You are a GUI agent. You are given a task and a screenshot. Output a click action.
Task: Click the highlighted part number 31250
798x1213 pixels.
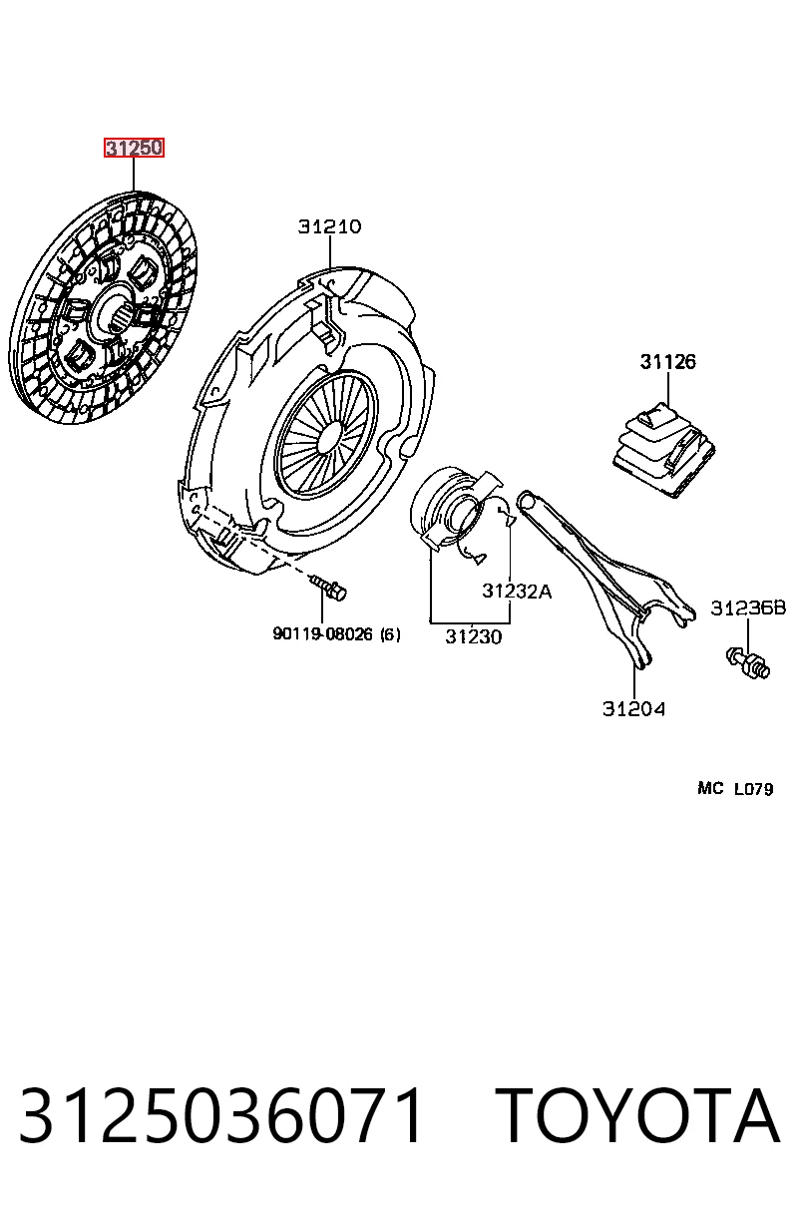[x=134, y=148]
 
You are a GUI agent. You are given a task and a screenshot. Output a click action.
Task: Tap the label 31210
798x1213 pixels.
[x=330, y=226]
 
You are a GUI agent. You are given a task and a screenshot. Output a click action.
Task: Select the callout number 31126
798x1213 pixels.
[x=667, y=362]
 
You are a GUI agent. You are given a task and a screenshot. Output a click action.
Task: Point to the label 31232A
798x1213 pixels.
[x=517, y=591]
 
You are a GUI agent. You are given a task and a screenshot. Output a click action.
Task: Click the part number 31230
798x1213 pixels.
[x=474, y=636]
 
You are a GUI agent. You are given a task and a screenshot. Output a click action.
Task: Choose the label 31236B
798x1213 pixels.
[x=748, y=608]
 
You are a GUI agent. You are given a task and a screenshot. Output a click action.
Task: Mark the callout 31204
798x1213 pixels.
[x=633, y=709]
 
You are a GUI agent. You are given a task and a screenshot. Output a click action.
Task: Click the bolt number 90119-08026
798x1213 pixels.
[x=322, y=633]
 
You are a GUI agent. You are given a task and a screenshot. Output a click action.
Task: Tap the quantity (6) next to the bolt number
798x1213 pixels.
[x=390, y=634]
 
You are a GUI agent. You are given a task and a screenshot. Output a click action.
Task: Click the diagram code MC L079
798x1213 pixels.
[x=735, y=789]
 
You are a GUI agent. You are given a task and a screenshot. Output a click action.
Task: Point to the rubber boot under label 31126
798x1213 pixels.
[x=664, y=450]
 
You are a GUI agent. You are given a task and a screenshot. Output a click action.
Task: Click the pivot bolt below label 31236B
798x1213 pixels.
[x=748, y=662]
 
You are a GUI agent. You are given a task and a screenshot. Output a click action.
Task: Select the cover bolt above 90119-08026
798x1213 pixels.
[x=328, y=587]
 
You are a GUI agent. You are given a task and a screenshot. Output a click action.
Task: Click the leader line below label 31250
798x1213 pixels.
[x=134, y=174]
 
